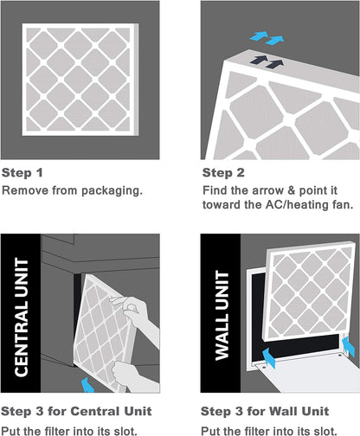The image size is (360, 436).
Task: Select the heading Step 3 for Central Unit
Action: coord(76,410)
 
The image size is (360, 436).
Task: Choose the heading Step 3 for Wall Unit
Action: coord(265,410)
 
